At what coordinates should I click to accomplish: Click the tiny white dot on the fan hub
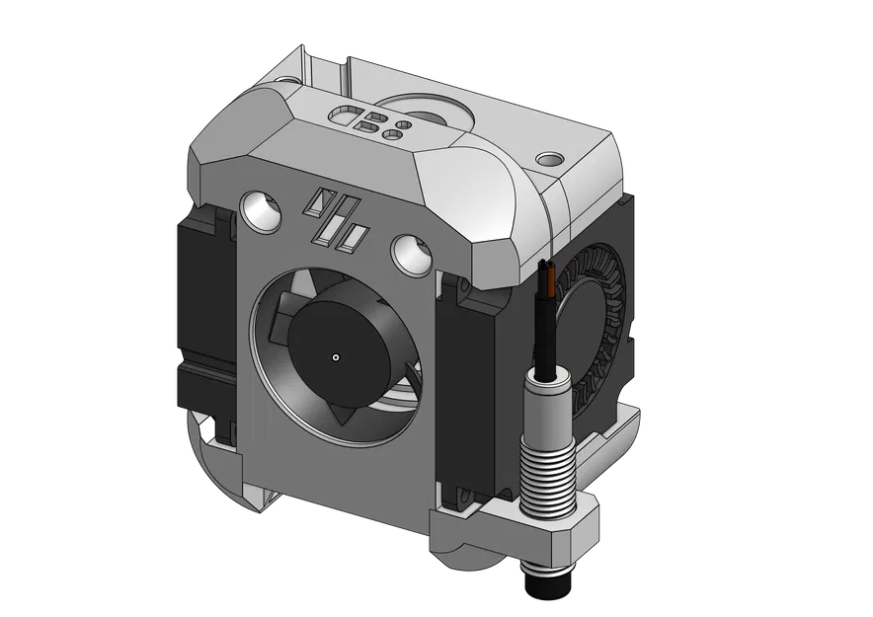tap(336, 356)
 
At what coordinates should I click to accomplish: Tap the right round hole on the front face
tap(409, 253)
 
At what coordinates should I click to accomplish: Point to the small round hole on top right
tap(548, 158)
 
